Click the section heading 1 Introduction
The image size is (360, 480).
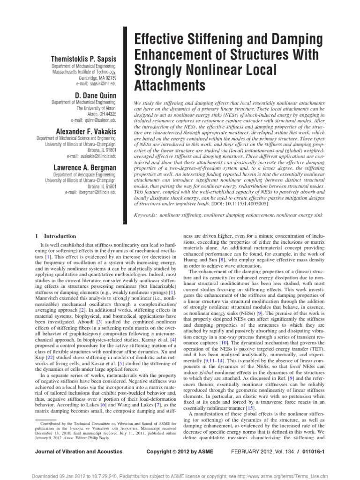click(56, 236)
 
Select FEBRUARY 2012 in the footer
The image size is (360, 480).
click(274, 451)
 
